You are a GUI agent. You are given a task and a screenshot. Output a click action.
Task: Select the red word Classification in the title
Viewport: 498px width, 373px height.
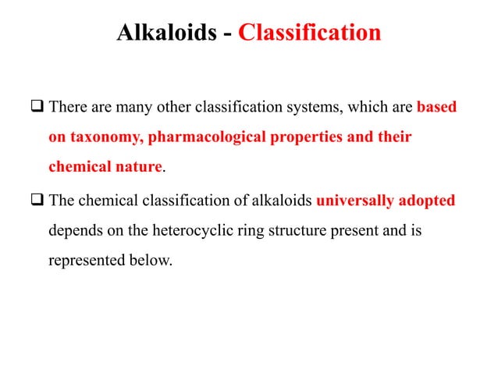[310, 34]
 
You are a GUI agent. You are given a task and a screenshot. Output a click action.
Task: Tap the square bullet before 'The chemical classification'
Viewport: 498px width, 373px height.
[38, 201]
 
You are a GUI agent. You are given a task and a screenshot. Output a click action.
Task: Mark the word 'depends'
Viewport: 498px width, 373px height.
[75, 231]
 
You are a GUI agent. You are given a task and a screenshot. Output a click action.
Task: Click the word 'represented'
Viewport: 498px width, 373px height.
[88, 261]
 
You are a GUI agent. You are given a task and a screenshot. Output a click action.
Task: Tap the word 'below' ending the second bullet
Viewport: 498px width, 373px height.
[151, 261]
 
